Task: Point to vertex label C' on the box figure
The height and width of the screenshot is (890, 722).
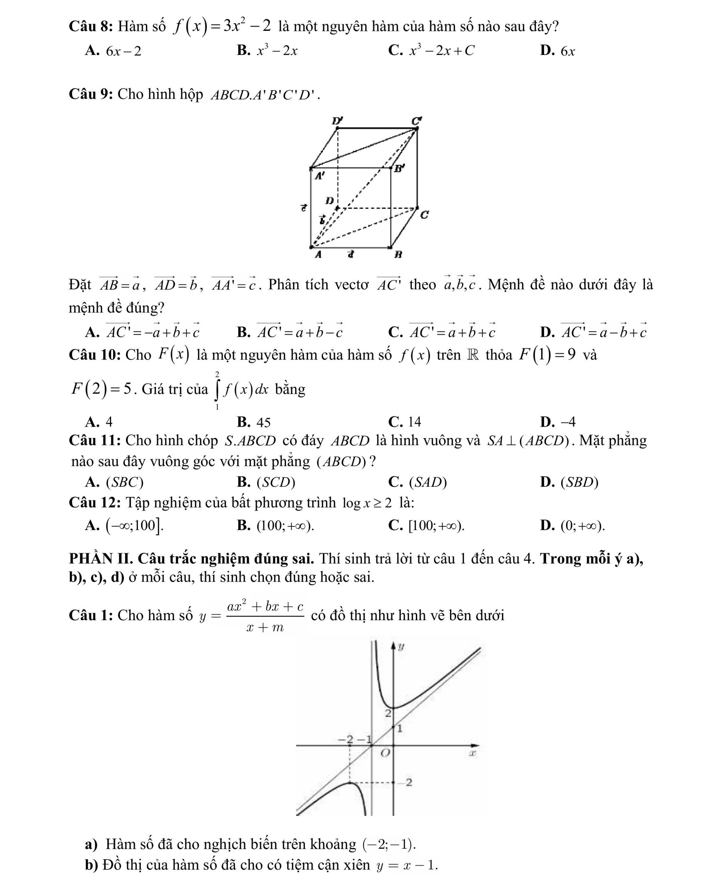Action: coord(416,121)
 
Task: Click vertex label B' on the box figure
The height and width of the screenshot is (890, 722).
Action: coord(399,168)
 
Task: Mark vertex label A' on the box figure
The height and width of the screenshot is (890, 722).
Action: coord(319,176)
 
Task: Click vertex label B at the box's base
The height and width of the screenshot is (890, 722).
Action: coord(398,254)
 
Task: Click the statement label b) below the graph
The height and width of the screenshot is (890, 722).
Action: coord(91,865)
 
